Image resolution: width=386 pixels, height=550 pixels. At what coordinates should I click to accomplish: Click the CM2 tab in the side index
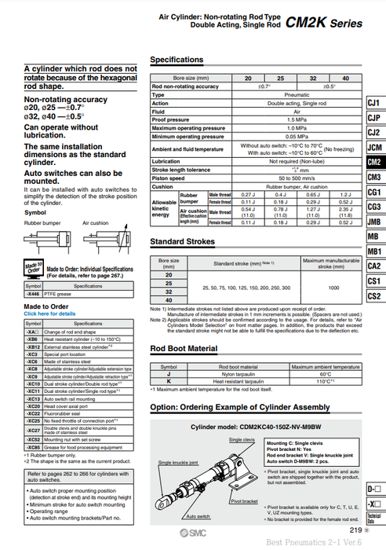pyautogui.click(x=374, y=162)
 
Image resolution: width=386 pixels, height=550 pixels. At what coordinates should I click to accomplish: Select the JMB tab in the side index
pyautogui.click(x=374, y=222)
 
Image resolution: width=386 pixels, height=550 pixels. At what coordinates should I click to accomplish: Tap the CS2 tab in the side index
pyautogui.click(x=374, y=296)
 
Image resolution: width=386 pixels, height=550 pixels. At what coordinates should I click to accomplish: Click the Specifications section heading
pyautogui.click(x=177, y=60)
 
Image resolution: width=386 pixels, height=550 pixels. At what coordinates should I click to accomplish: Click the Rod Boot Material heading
pyautogui.click(x=184, y=349)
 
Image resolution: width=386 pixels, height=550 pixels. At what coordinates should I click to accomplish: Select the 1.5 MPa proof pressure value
pyautogui.click(x=275, y=120)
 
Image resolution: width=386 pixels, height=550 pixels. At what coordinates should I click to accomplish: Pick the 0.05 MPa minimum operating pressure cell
pyautogui.click(x=275, y=136)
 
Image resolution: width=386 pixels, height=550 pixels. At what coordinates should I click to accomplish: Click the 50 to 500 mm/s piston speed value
pyautogui.click(x=275, y=178)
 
